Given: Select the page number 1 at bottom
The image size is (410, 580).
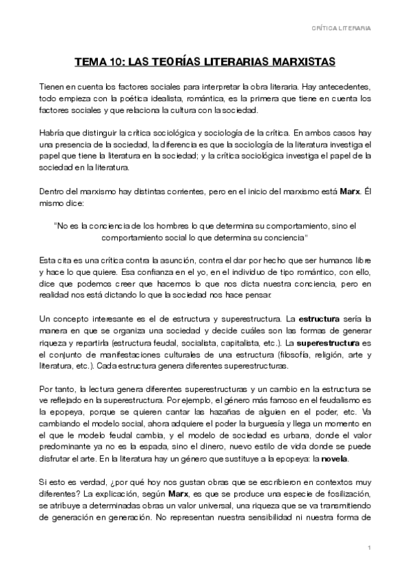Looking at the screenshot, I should point(369,549).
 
